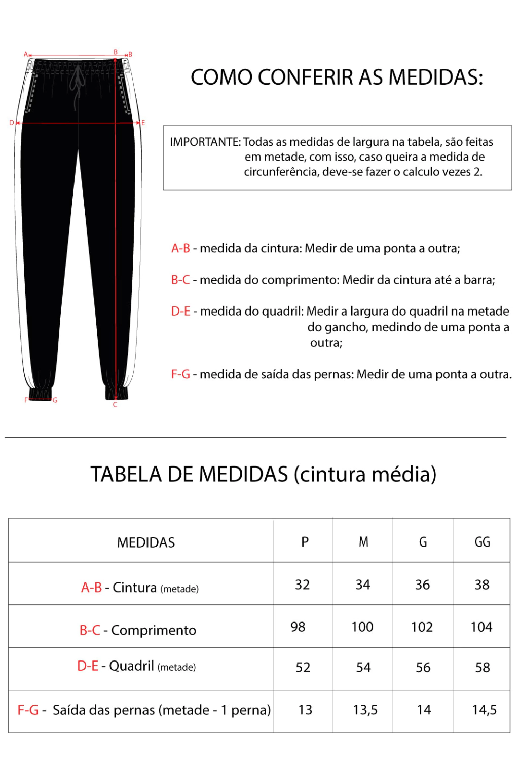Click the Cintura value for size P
pos(303,585)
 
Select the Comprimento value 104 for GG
pos(481,627)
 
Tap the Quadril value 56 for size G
pos(423,668)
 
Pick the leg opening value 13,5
pos(365,710)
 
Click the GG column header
pos(483,542)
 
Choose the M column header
pos(363,542)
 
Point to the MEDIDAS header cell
pos(146,542)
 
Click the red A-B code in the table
pos(92,588)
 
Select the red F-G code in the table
pos(28,710)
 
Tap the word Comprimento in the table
pos(154,630)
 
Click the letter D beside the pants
pos(12,123)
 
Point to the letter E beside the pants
pos(143,123)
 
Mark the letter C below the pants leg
pos(115,404)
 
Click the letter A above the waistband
pos(26,54)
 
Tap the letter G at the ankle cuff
pos(55,400)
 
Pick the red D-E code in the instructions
pos(180,311)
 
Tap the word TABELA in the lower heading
pos(126,475)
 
